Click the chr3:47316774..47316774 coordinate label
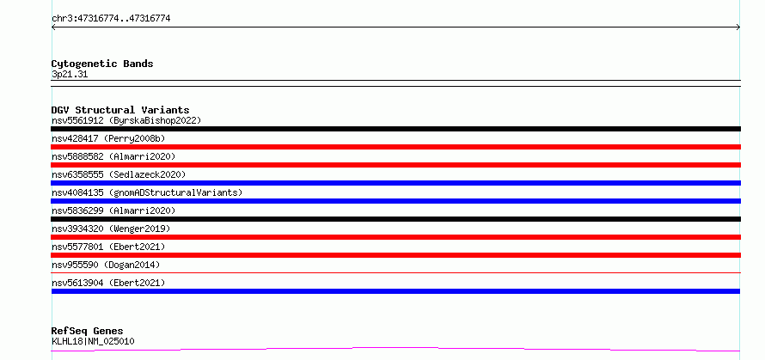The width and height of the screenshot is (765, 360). (111, 19)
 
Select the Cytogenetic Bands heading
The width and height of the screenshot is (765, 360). (102, 64)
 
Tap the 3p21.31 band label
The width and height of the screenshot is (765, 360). (70, 75)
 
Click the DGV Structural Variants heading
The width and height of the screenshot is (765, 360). (120, 110)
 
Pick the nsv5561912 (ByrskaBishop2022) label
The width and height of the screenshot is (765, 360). (126, 120)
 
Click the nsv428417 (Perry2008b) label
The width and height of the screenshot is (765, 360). (108, 138)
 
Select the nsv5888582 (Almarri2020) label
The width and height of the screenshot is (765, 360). (113, 156)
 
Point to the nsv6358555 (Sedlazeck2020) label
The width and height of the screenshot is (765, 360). (119, 174)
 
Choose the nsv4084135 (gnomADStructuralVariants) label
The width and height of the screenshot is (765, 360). (147, 192)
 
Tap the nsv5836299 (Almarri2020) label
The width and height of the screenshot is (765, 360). (113, 211)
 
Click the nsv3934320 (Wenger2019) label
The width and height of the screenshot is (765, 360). (111, 229)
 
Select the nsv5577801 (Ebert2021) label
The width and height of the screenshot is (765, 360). (108, 247)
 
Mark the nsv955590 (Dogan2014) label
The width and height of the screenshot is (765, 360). (106, 265)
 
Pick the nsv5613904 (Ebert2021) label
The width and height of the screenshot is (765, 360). (108, 283)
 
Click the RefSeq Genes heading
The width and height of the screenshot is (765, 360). (88, 332)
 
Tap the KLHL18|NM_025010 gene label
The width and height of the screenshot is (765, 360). (93, 341)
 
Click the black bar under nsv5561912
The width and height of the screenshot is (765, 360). (395, 129)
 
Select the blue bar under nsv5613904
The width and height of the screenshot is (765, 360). (395, 291)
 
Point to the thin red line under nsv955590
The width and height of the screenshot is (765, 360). (395, 273)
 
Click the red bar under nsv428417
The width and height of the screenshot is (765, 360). (395, 147)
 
